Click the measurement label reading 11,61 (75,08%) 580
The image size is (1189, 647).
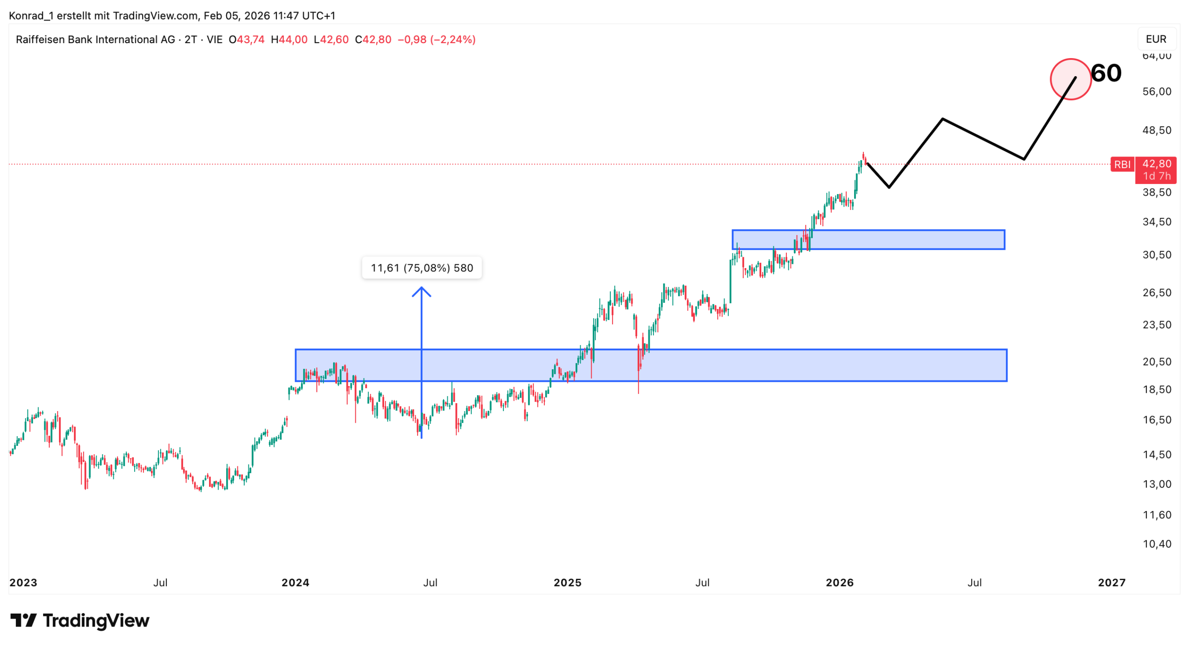coord(421,268)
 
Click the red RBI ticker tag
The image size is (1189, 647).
coord(1122,164)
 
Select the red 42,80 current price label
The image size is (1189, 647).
coord(1156,164)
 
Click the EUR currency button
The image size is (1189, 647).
coord(1156,39)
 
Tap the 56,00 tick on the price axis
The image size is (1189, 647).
coord(1156,91)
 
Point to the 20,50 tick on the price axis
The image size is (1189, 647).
coord(1156,361)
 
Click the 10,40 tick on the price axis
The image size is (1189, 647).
coord(1156,544)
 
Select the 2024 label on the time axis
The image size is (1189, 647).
coord(295,582)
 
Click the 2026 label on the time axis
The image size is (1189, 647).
coord(839,582)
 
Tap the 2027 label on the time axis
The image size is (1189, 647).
coord(1111,582)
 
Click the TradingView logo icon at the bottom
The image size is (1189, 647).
coord(23,620)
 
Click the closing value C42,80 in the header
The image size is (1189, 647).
coord(373,39)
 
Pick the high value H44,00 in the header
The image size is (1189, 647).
coord(289,39)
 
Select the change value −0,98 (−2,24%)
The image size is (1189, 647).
coord(437,39)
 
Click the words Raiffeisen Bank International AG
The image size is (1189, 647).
coord(95,39)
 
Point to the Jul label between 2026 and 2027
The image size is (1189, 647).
coord(974,582)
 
